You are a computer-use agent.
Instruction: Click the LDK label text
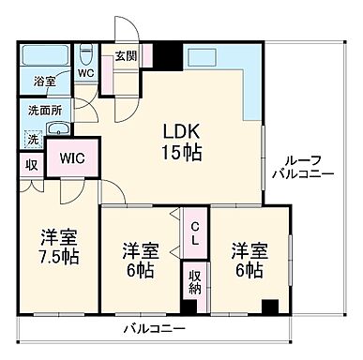coord(184,130)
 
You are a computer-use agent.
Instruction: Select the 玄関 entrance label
coord(126,56)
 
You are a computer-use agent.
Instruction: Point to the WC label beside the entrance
coord(86,71)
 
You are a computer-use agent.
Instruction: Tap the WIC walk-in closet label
coord(73,157)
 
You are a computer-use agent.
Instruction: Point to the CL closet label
coord(195,233)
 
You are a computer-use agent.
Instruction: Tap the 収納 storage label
coord(195,282)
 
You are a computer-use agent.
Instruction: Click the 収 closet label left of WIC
coord(31,166)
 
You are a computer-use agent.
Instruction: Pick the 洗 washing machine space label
coord(32,141)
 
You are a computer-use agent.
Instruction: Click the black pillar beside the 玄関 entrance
coord(167,56)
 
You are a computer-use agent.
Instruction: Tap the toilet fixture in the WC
coord(85,52)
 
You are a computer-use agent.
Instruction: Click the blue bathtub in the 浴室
coord(44,54)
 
